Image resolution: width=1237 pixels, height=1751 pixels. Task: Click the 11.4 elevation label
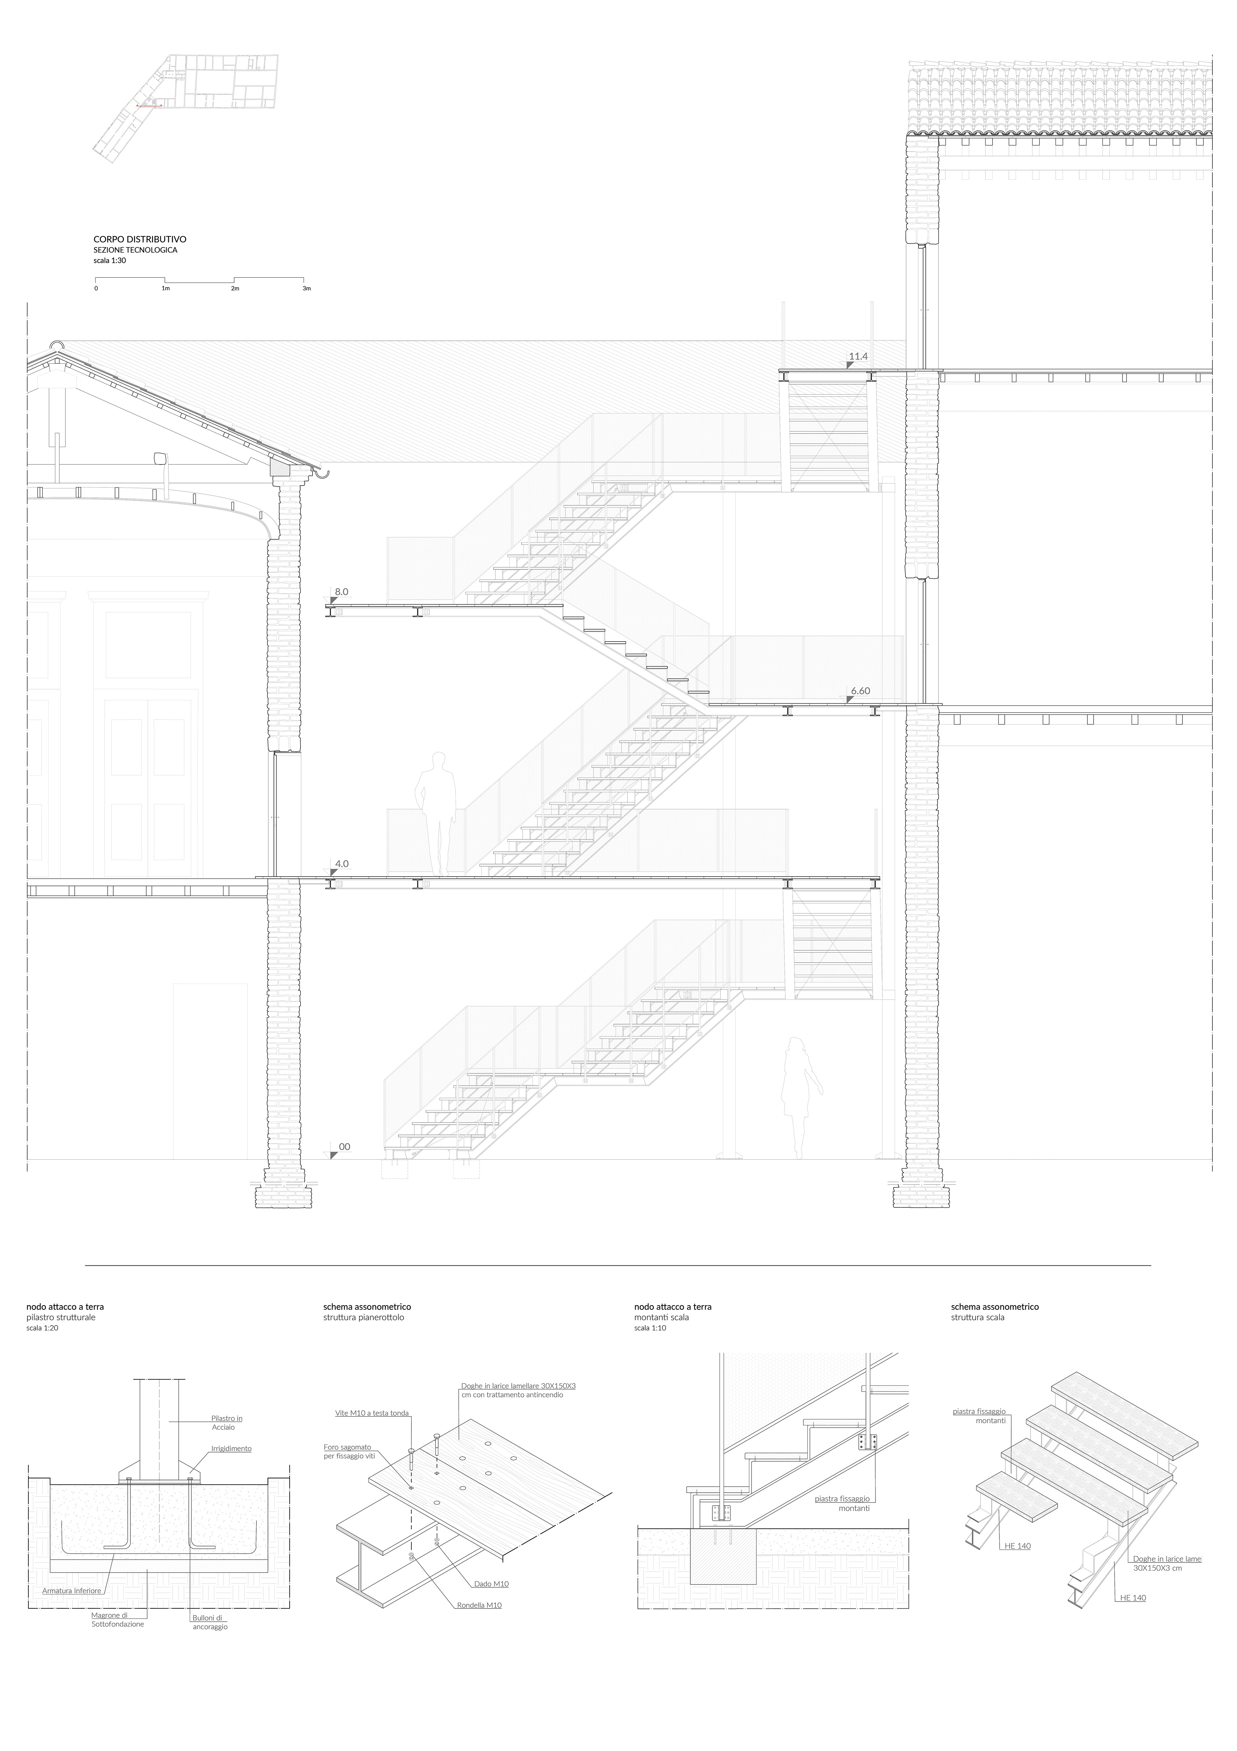pos(859,356)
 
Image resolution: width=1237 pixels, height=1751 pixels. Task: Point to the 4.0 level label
pos(342,864)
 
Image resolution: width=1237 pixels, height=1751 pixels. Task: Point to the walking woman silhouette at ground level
pos(799,1098)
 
